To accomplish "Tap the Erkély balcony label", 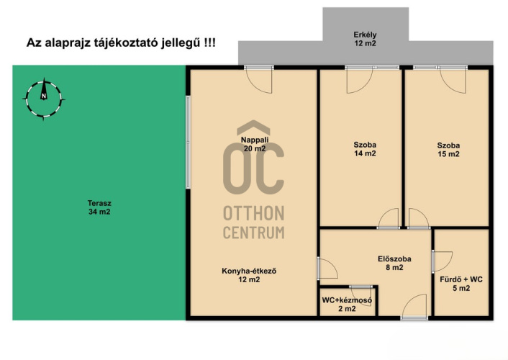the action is [365, 39].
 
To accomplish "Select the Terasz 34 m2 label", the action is [99, 207].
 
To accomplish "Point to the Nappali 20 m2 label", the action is [255, 144].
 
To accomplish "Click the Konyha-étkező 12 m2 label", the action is [249, 275].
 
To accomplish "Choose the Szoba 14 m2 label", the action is [365, 149].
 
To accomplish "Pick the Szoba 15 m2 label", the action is [448, 150].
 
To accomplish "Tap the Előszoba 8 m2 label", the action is [394, 263].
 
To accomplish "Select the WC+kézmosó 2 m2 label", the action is [347, 305].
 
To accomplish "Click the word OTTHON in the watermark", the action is [254, 213].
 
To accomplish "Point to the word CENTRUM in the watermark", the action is [254, 233].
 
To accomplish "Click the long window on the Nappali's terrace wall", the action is [188, 142].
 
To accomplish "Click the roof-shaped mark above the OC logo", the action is [254, 127].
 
